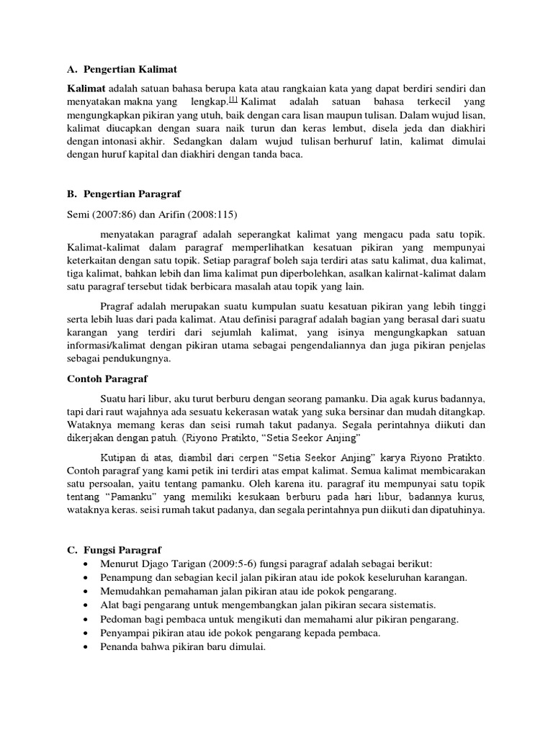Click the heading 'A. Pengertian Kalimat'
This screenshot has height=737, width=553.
[122, 69]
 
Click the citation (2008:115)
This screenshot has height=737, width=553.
[211, 214]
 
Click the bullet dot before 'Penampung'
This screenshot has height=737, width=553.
[87, 578]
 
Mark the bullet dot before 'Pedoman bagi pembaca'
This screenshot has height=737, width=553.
[87, 619]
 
